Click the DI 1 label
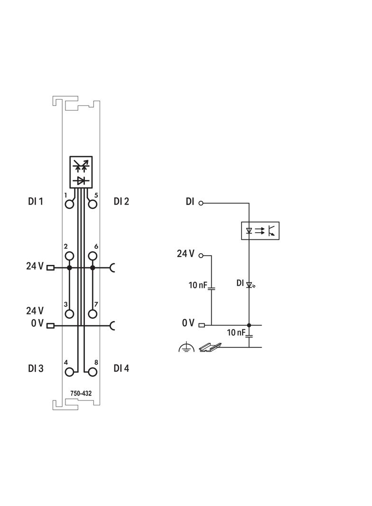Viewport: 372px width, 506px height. point(35,201)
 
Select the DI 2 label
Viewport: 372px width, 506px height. point(121,201)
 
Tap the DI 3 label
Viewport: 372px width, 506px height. point(36,368)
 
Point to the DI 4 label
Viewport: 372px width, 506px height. point(121,368)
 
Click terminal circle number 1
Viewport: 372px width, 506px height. point(70,204)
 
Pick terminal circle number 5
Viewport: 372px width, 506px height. point(93,204)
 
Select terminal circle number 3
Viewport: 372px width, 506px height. point(70,313)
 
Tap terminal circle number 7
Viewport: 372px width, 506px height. point(93,313)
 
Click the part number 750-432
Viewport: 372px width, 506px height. point(81,393)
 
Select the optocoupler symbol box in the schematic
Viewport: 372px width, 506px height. point(260,231)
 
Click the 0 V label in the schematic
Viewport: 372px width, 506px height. point(188,323)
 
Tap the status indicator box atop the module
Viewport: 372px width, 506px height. point(81,171)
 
